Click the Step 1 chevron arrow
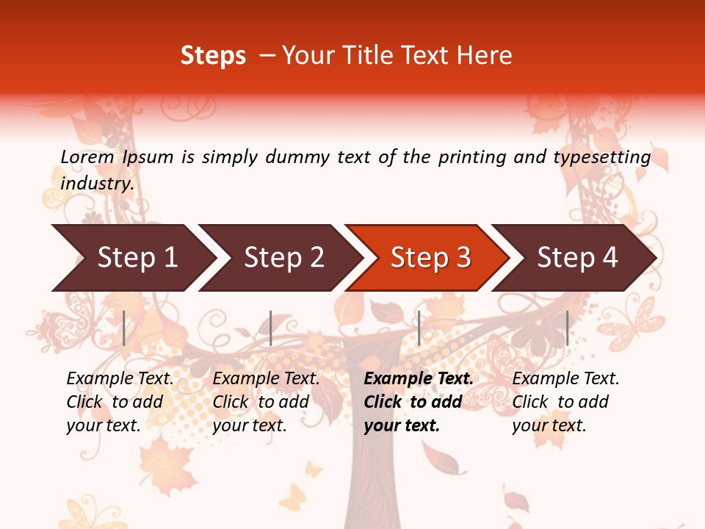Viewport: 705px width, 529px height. (132, 258)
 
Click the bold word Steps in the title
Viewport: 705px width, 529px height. (213, 55)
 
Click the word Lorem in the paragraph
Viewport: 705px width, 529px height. (87, 156)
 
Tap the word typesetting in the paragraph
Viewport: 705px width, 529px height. (601, 156)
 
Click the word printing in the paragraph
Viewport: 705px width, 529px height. (472, 156)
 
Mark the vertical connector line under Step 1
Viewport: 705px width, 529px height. (124, 328)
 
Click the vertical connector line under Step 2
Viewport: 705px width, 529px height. (271, 328)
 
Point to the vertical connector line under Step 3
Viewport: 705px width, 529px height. (419, 328)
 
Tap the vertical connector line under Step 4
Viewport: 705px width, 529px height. (567, 328)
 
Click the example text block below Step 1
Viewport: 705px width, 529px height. (120, 402)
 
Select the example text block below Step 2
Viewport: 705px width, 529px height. (266, 402)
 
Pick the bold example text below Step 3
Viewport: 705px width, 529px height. (419, 402)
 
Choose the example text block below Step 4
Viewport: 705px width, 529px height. (565, 402)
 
